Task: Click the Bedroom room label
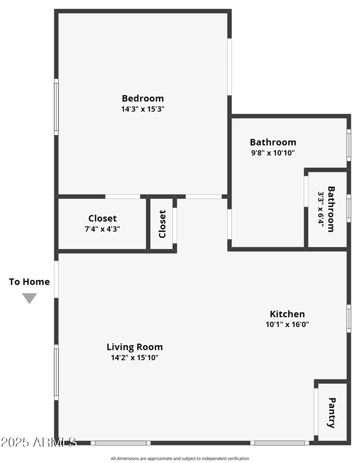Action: (143, 98)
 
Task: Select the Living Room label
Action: (135, 347)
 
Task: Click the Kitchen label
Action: (287, 314)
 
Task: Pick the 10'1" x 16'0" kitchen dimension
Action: (287, 324)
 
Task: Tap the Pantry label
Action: (332, 413)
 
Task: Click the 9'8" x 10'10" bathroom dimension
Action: (273, 153)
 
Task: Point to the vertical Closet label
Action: (162, 224)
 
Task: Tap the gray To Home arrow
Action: (29, 298)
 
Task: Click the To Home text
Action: (29, 282)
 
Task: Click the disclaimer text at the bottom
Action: (180, 459)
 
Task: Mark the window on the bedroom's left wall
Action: (56, 107)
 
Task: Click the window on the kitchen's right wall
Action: (349, 319)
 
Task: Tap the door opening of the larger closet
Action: (122, 196)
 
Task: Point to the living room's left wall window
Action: (56, 372)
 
